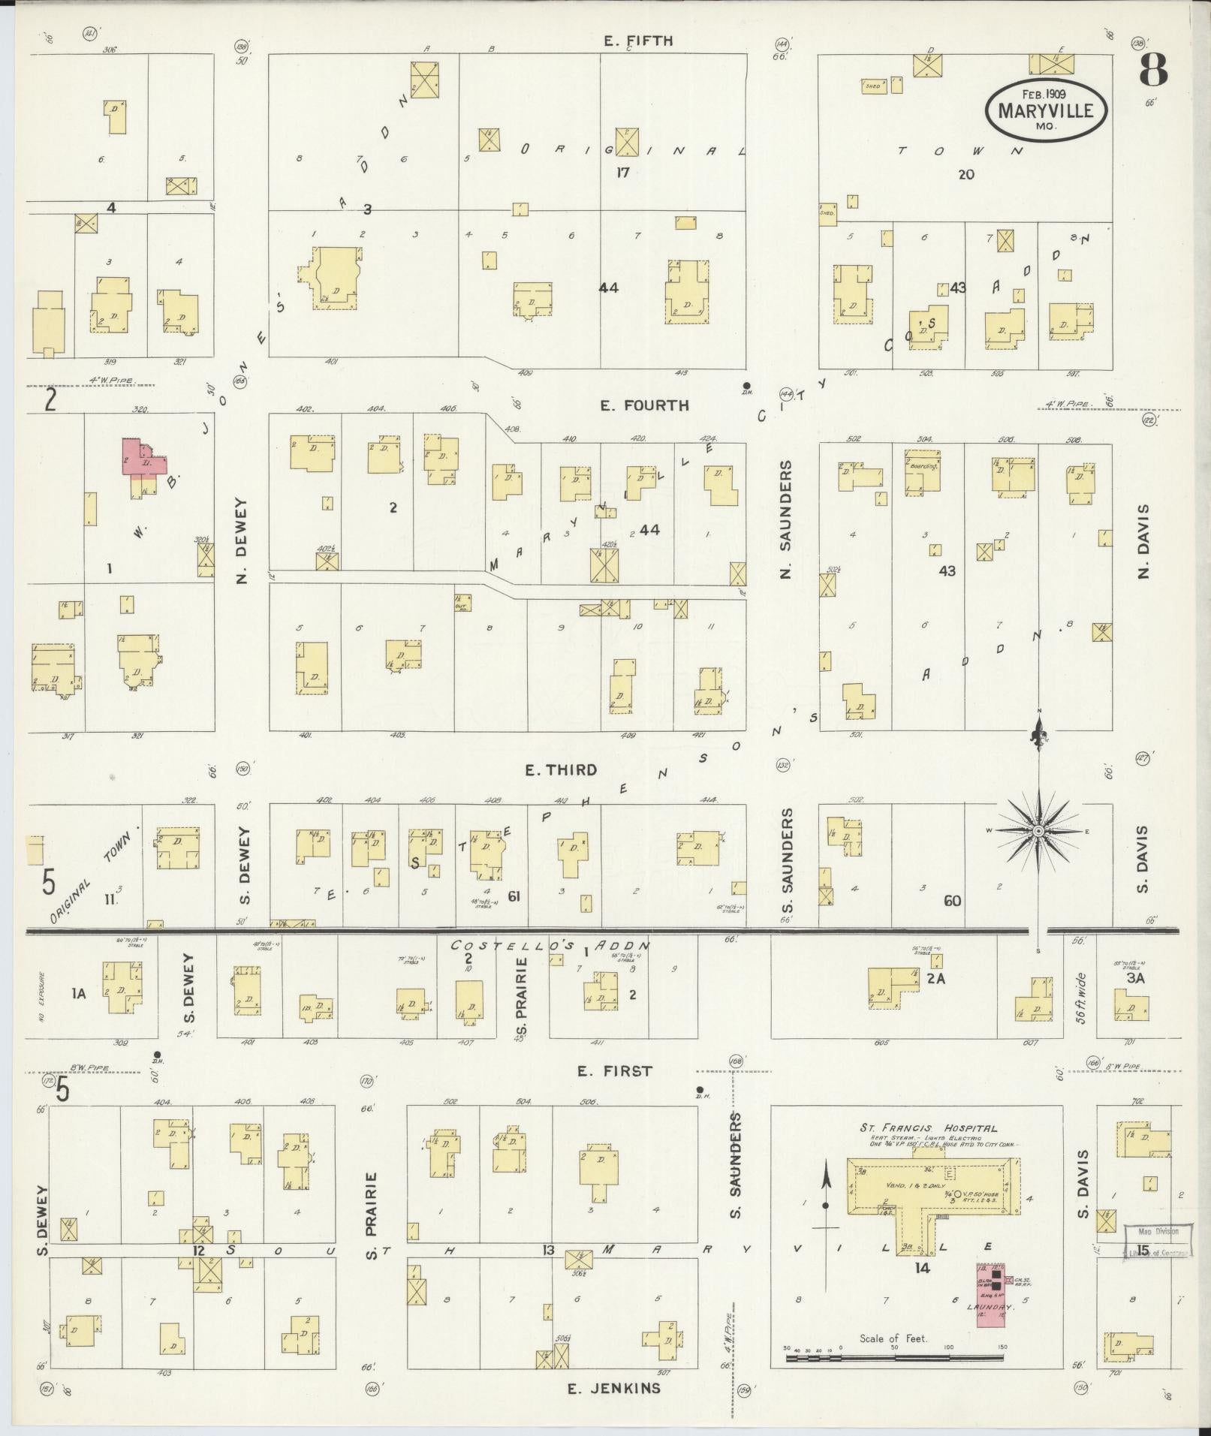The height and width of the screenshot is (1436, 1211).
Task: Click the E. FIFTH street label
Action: pyautogui.click(x=638, y=41)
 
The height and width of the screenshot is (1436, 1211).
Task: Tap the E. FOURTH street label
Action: pyautogui.click(x=644, y=405)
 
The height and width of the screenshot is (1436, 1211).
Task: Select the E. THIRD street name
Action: pyautogui.click(x=561, y=769)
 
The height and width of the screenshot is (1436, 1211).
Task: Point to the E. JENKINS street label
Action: pyautogui.click(x=614, y=1388)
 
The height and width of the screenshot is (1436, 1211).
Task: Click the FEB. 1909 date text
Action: pyautogui.click(x=1045, y=95)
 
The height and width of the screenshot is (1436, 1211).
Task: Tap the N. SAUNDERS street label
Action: pyautogui.click(x=786, y=519)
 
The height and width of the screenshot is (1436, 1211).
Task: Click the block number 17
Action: pyautogui.click(x=622, y=173)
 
